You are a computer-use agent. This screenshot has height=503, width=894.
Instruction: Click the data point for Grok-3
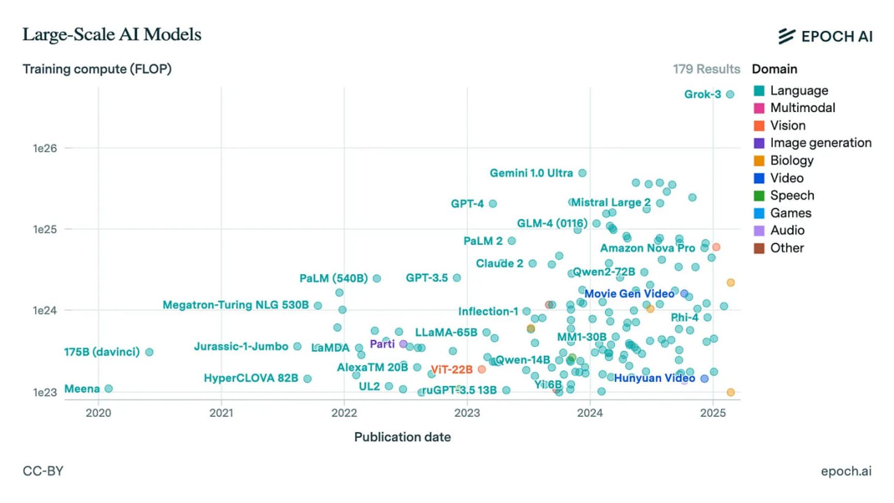click(730, 95)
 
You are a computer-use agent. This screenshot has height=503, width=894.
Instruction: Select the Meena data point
click(108, 389)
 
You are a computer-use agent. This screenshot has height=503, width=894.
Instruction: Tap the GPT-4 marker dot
click(493, 204)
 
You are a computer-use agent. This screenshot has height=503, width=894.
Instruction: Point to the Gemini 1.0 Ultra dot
click(582, 174)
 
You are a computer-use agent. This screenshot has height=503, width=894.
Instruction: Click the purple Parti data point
click(403, 344)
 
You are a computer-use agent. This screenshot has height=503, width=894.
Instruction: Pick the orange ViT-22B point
click(482, 370)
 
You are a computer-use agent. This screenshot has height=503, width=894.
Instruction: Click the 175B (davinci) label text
click(102, 352)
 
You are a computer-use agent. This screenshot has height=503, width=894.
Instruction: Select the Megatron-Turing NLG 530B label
click(235, 305)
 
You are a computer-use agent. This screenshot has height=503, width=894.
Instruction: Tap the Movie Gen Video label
click(629, 294)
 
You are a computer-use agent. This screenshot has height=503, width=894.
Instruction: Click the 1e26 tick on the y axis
click(45, 149)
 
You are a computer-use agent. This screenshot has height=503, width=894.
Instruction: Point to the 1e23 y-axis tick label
click(45, 392)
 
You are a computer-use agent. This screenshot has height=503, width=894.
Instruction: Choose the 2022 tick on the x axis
click(344, 413)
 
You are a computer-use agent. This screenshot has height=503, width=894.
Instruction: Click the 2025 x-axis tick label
click(713, 413)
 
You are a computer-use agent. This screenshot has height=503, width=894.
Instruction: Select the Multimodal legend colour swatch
click(759, 108)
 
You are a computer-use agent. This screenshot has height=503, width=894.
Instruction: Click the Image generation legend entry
click(820, 143)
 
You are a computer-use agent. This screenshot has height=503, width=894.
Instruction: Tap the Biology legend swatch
click(759, 161)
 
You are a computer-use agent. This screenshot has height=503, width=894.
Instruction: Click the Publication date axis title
click(402, 437)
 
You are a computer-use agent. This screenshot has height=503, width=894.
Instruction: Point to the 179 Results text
click(706, 69)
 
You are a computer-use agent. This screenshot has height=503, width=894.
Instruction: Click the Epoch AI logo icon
click(787, 36)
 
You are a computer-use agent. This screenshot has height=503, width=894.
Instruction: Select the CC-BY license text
click(43, 471)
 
